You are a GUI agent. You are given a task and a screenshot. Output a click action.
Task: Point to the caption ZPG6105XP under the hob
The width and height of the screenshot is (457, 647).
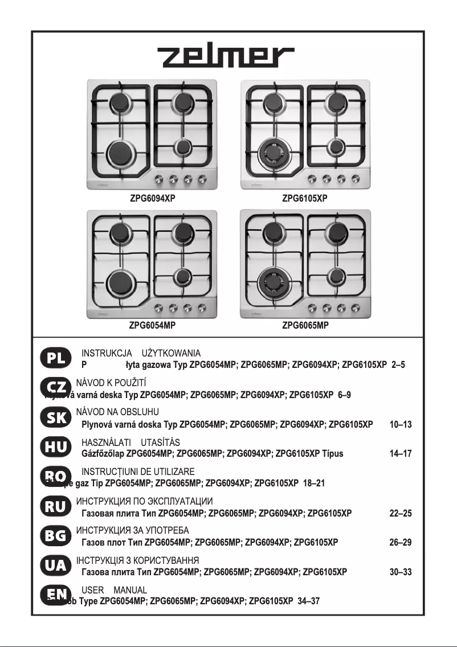(305, 199)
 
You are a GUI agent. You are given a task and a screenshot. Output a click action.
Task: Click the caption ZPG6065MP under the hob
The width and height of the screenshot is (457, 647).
(305, 326)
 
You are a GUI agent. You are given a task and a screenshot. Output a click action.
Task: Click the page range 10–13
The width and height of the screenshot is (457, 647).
(400, 424)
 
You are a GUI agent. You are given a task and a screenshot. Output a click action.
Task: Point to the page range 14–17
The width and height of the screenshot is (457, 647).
(400, 454)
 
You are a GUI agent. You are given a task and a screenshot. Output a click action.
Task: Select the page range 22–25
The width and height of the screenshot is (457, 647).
(400, 513)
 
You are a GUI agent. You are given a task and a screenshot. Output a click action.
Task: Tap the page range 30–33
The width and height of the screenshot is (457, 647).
(400, 572)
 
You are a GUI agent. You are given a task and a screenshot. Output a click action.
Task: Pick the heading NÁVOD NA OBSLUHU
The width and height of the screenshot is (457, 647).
(117, 412)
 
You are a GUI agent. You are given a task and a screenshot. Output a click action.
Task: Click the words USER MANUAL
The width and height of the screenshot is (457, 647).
(115, 590)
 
